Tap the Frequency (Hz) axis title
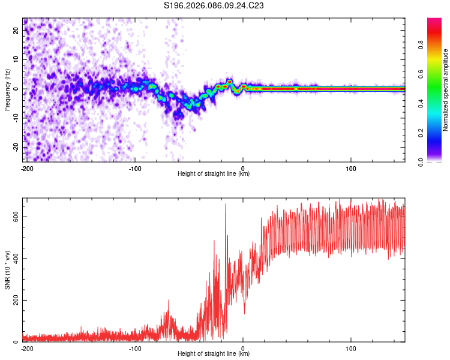7,90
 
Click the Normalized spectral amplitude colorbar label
446,90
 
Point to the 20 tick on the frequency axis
16,31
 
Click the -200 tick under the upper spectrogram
27,168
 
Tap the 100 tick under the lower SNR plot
351,348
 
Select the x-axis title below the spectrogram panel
214,174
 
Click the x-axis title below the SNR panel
214,354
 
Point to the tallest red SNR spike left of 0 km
226,205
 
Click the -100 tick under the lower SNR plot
135,348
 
